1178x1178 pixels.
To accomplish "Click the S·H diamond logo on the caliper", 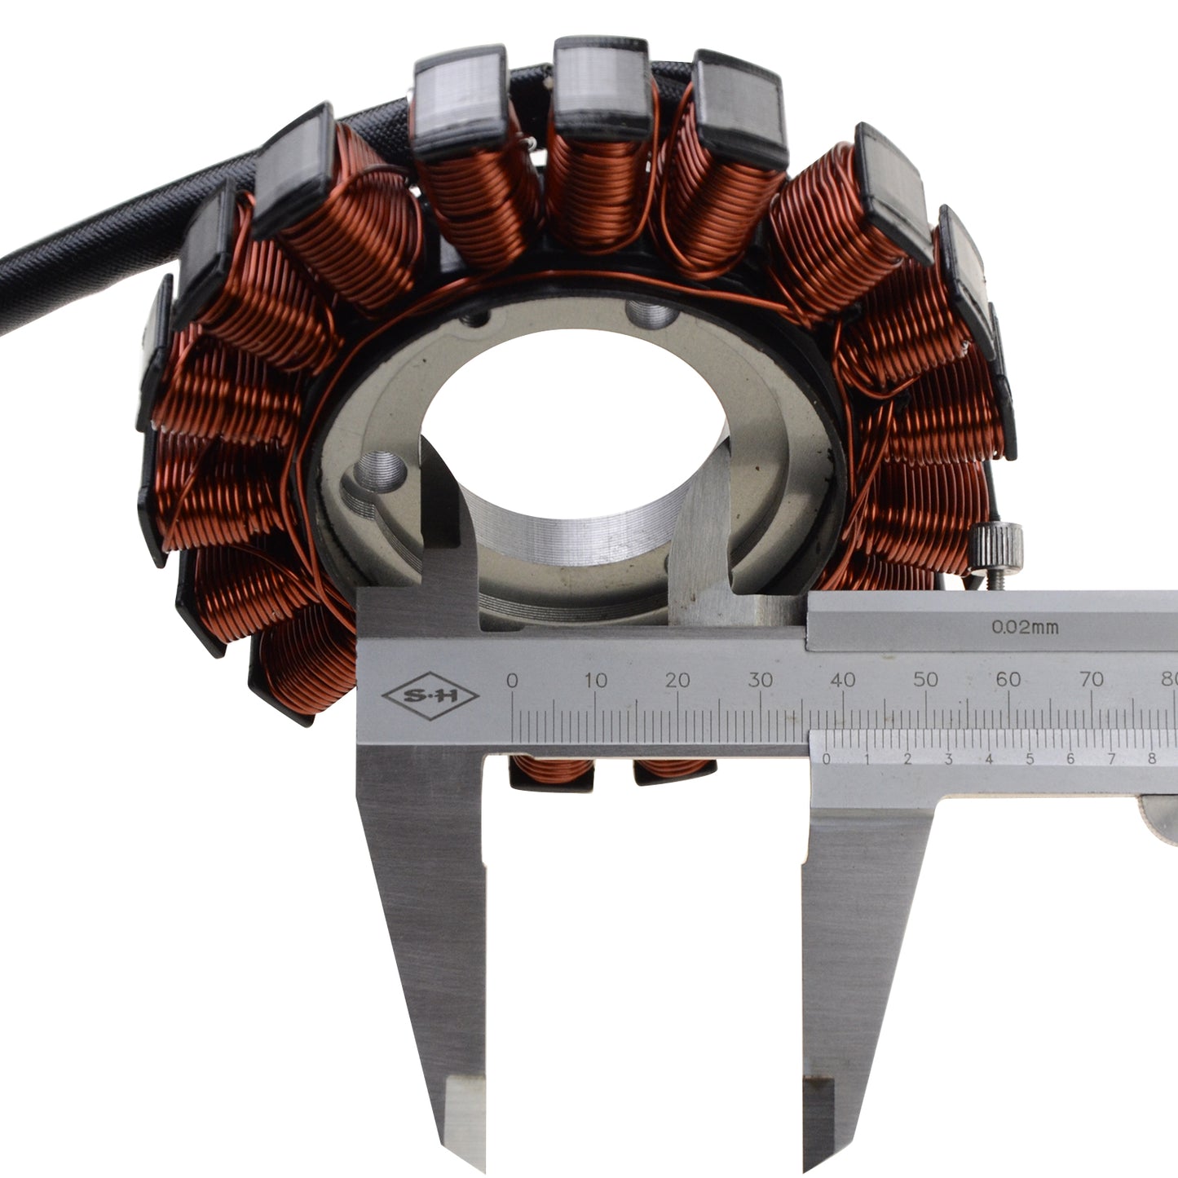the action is [x=430, y=695].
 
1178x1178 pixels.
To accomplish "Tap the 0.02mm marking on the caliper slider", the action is [x=1025, y=627].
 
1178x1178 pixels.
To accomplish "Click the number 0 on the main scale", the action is [x=512, y=681].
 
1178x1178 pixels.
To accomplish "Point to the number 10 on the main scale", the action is [x=595, y=681].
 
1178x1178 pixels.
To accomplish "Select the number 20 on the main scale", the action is [x=677, y=681].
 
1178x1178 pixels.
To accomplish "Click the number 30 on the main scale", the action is [x=760, y=680].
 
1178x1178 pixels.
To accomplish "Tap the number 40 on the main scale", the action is [x=842, y=679].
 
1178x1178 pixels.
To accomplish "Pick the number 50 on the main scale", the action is [x=925, y=679].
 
